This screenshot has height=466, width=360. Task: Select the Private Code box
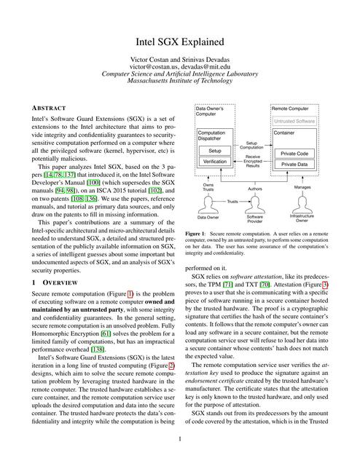(x=298, y=153)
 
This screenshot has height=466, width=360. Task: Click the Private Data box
(x=298, y=165)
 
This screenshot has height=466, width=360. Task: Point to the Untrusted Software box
(x=295, y=121)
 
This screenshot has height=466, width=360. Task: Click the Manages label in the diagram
(x=302, y=187)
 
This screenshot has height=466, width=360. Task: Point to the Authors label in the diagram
(x=255, y=189)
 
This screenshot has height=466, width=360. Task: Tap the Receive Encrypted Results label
(x=252, y=161)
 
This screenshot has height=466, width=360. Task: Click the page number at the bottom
(x=179, y=439)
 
